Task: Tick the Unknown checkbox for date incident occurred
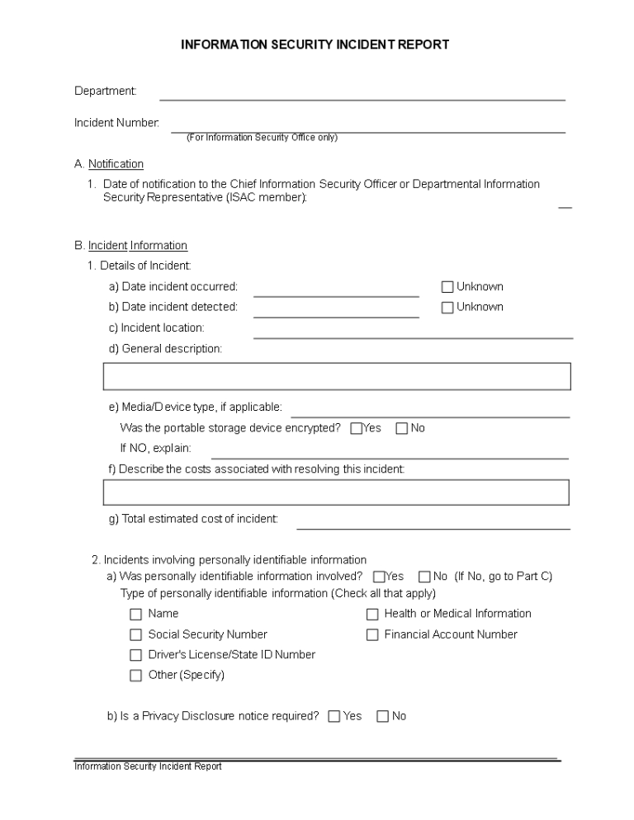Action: tap(447, 287)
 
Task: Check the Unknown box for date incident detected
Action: tap(447, 308)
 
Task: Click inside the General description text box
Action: tap(337, 376)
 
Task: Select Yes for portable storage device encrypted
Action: tap(357, 428)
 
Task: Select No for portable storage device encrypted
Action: tap(402, 428)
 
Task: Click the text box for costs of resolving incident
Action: tap(337, 492)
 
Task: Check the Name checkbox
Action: tap(136, 614)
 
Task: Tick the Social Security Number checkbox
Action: tap(136, 635)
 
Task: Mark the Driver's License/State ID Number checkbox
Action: tap(136, 655)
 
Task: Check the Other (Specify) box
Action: tap(136, 676)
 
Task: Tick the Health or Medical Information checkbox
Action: tap(372, 614)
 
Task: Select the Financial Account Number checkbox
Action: tap(372, 635)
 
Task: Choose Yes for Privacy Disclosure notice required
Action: tap(334, 717)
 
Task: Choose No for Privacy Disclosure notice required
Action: tap(383, 717)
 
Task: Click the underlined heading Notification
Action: tap(116, 164)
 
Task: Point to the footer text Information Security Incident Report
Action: tap(148, 766)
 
